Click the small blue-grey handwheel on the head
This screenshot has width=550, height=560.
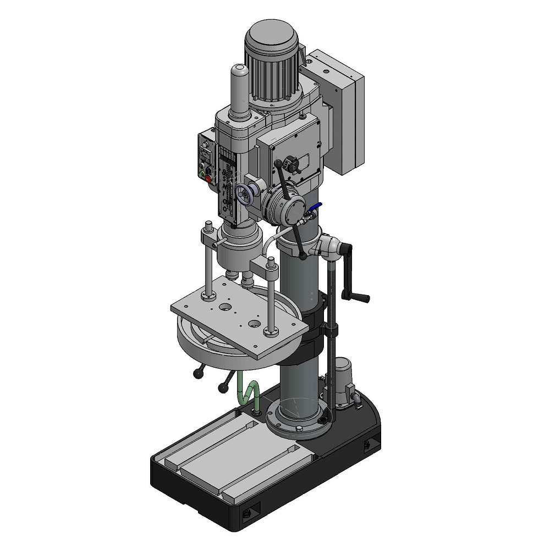tap(245, 194)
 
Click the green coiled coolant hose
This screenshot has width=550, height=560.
tap(246, 391)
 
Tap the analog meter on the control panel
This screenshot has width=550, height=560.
tap(206, 145)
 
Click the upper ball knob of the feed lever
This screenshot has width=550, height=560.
tap(278, 163)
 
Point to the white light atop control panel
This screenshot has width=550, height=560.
tap(205, 134)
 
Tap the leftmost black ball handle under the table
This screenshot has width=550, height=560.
tap(196, 374)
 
